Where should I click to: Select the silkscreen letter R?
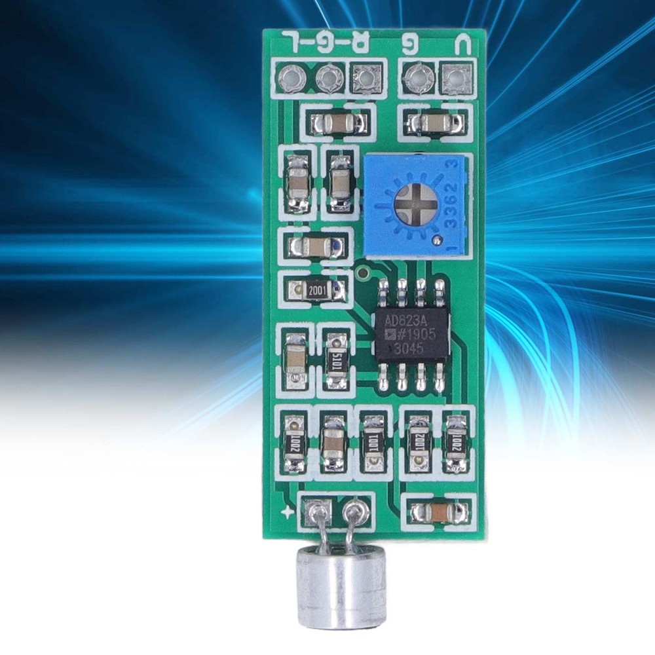[x=361, y=43]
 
